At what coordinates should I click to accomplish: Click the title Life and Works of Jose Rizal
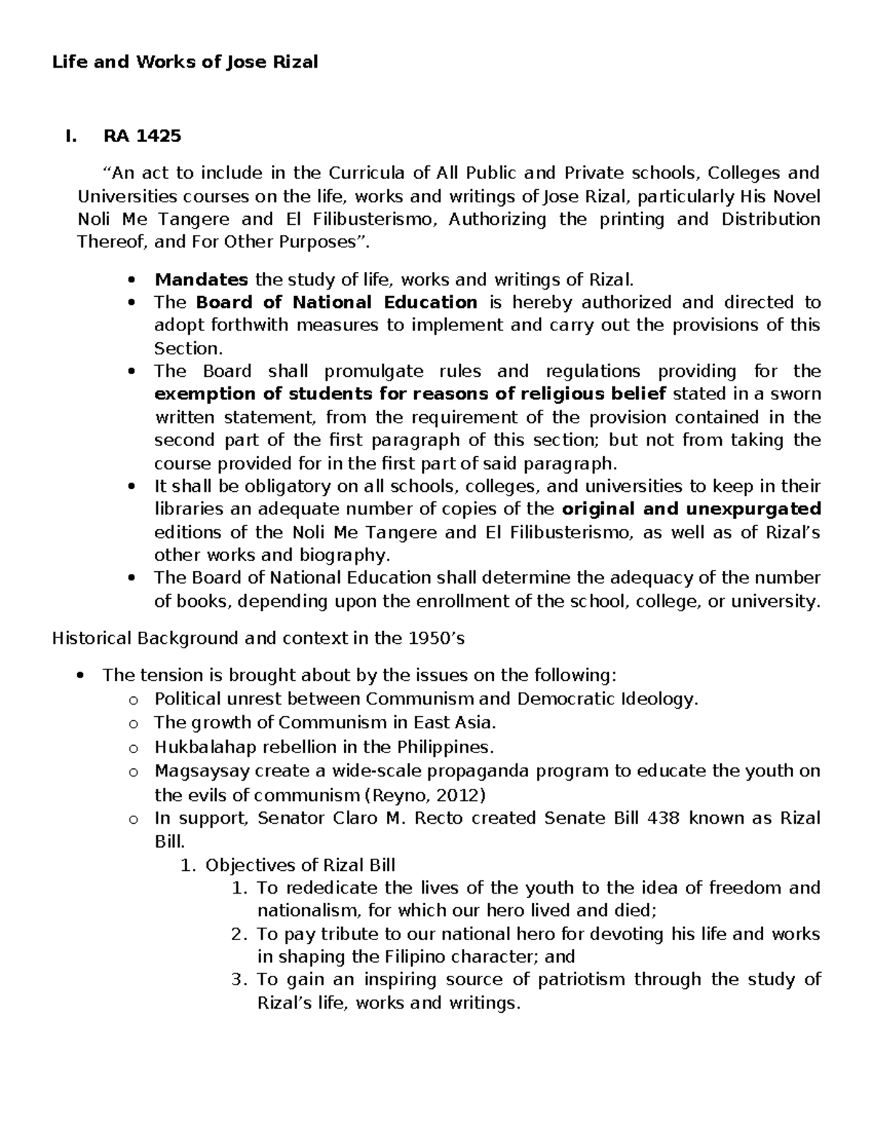coord(185,62)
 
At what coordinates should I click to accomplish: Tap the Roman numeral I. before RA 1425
coord(70,135)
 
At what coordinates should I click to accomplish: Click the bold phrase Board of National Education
coord(337,302)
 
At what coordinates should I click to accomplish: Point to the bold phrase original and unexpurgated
coord(692,509)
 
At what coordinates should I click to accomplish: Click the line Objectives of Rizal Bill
coord(300,865)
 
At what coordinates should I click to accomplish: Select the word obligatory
coord(260,486)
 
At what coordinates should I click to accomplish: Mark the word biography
coord(342,555)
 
